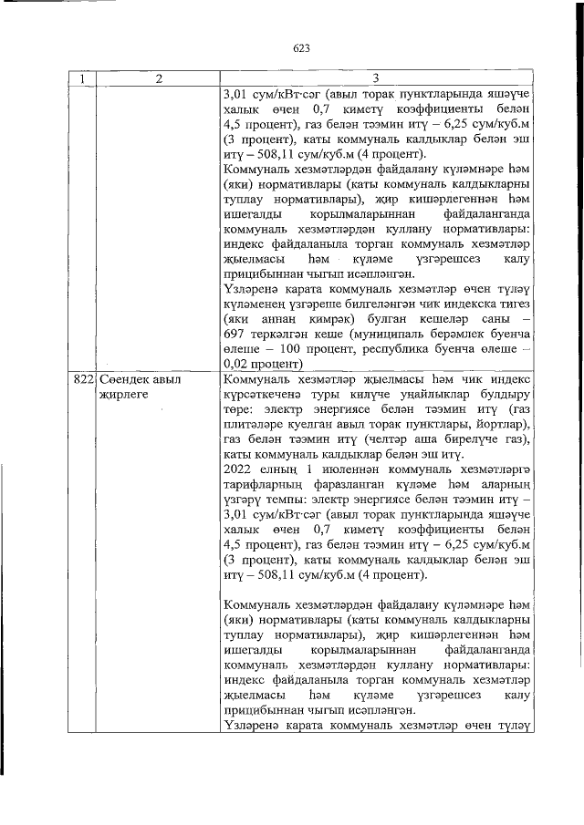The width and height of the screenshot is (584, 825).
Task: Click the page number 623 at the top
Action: point(303,47)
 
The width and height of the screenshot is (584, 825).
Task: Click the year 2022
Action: point(239,469)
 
